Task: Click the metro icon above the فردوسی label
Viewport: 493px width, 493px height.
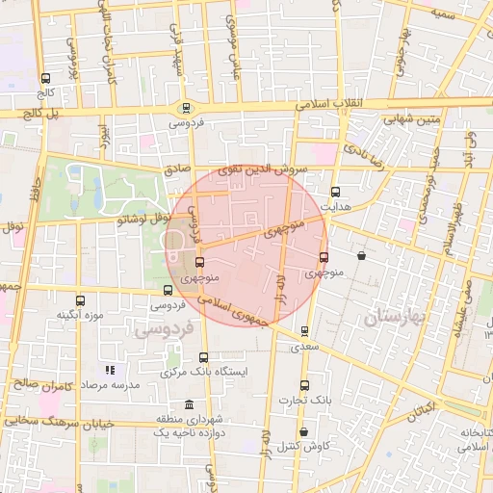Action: (x=186, y=108)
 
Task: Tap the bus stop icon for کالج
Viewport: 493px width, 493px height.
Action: (x=45, y=78)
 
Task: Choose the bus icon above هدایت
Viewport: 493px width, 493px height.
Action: (x=334, y=191)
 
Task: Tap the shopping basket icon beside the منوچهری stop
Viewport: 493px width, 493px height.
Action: (x=361, y=257)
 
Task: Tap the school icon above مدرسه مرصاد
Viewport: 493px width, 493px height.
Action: (x=112, y=370)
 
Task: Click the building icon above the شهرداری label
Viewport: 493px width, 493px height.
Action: (x=187, y=403)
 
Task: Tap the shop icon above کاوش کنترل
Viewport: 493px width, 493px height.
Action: (x=304, y=432)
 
